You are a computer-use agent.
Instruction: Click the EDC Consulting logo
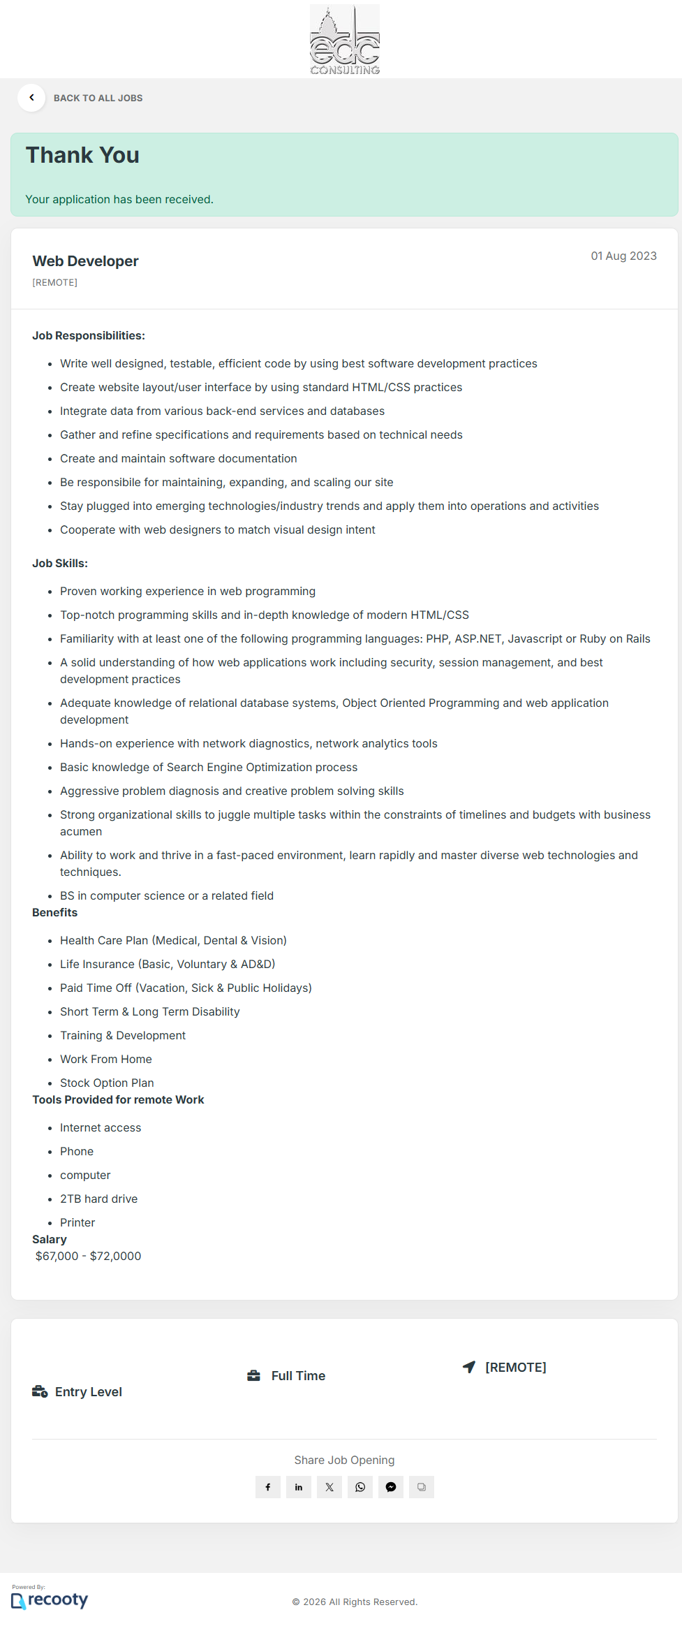click(345, 40)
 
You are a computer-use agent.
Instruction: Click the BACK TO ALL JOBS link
click(98, 98)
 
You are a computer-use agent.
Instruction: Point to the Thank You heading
click(82, 155)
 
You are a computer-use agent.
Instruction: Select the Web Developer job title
click(85, 261)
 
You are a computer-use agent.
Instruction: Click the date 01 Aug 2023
click(623, 256)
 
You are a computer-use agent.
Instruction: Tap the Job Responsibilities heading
click(89, 336)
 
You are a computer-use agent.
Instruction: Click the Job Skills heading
click(60, 564)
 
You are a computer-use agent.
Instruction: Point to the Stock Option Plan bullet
click(107, 1083)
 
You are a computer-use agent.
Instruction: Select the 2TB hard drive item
click(98, 1199)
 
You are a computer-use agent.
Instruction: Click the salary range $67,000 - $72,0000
click(88, 1257)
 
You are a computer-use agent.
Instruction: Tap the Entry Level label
click(88, 1392)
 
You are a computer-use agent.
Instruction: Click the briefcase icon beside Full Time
click(254, 1376)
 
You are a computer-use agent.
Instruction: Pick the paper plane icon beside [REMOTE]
click(469, 1367)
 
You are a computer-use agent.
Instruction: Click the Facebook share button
click(268, 1487)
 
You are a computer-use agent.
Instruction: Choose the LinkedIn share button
click(299, 1487)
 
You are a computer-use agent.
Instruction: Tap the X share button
click(329, 1487)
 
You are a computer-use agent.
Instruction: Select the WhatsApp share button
click(360, 1487)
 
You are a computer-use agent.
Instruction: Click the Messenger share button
click(391, 1487)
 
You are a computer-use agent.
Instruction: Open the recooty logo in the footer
click(50, 1600)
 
